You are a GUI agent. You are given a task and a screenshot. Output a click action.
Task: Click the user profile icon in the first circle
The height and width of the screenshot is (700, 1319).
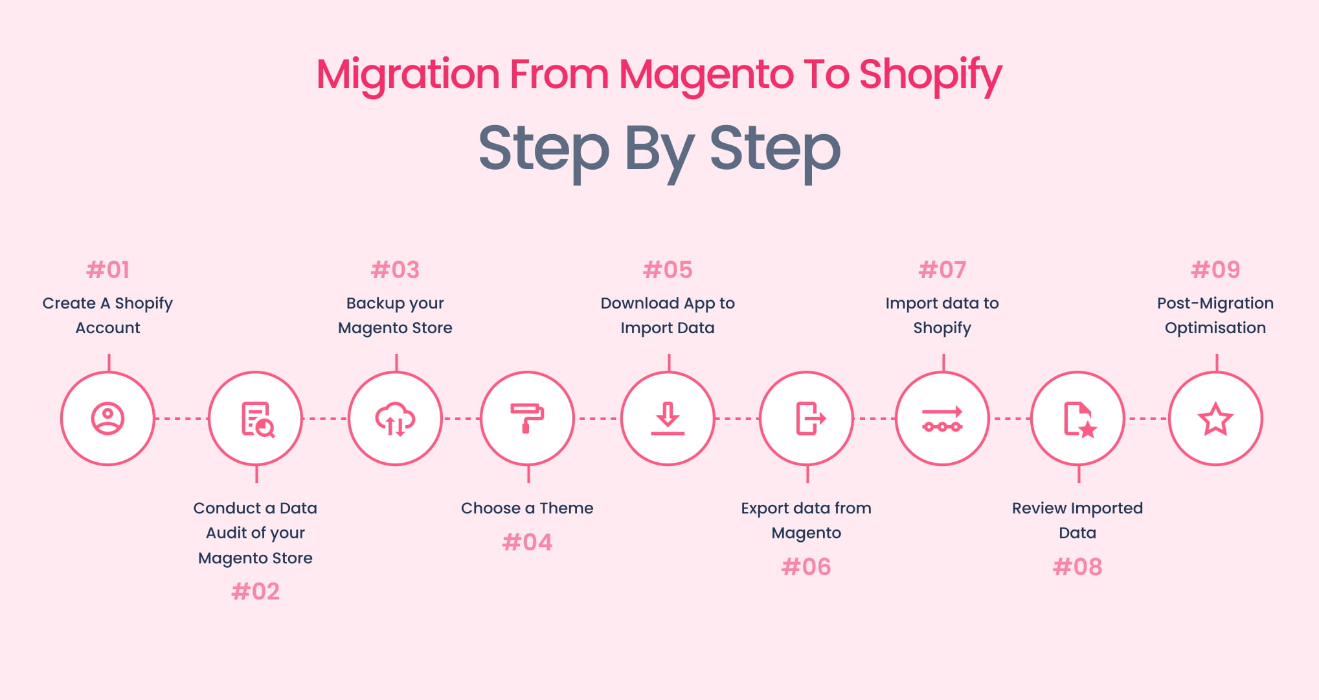point(107,419)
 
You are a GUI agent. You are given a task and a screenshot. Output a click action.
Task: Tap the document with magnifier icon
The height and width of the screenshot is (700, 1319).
point(257,419)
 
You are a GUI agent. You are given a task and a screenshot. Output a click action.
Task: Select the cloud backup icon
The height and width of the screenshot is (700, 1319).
point(395,419)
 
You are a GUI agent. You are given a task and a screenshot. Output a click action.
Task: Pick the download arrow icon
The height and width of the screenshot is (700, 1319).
point(668,419)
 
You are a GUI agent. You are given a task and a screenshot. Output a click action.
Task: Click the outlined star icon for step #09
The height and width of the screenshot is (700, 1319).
point(1215,419)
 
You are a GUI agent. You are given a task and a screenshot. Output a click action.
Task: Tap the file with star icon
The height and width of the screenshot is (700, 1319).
point(1078,419)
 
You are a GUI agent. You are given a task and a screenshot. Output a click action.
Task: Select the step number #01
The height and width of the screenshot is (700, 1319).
point(108,270)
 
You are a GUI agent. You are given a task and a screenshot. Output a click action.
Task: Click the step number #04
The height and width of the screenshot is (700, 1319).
point(527,542)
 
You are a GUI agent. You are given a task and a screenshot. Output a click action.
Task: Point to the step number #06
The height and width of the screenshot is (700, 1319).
point(806,567)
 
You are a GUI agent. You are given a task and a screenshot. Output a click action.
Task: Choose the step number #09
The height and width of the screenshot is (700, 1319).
point(1215,270)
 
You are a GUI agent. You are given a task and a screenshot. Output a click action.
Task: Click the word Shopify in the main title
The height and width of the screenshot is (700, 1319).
point(930,75)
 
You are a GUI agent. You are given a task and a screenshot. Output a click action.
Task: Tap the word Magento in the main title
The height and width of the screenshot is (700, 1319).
point(706,75)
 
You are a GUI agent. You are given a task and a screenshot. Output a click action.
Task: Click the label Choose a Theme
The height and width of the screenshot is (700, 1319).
point(527,508)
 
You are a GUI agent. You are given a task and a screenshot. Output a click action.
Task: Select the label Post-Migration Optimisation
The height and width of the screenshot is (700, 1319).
point(1215,315)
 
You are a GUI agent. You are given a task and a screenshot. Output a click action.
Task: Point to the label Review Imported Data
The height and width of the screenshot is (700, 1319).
point(1077,520)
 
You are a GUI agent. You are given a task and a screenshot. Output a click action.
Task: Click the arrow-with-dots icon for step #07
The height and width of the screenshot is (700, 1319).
point(942,419)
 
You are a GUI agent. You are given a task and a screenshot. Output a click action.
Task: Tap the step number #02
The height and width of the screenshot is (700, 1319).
point(256,591)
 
